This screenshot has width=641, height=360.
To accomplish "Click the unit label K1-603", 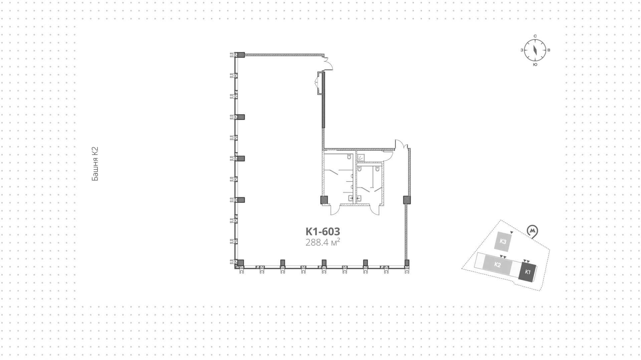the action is (323, 231).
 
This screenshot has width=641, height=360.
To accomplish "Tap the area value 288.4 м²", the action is (323, 242).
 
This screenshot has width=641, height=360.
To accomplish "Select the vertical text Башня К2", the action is (95, 164).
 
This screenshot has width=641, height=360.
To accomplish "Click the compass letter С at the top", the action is (535, 36).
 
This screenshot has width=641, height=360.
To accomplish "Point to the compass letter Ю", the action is (535, 64).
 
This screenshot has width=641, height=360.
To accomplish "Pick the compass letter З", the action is (521, 50).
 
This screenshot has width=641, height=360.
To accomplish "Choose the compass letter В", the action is (549, 50).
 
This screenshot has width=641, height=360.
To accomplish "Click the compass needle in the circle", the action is (535, 50).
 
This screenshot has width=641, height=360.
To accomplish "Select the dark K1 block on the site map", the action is (527, 272).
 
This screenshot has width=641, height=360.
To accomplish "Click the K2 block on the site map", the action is (497, 265).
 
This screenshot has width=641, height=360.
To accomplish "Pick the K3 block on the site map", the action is (503, 241).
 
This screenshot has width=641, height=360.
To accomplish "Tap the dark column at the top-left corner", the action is (240, 55).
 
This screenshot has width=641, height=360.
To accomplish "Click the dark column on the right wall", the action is (407, 200).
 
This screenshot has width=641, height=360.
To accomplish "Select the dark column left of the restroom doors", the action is (324, 200).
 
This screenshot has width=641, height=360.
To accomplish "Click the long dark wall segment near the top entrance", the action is (323, 100).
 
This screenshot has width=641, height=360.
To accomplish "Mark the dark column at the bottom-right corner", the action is (407, 263).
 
